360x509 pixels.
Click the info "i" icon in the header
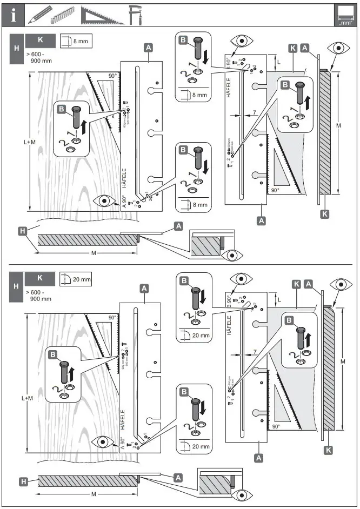[x=12, y=15]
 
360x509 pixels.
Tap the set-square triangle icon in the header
[x=102, y=15]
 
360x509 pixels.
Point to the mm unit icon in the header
[x=344, y=15]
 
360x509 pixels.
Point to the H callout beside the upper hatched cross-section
[x=22, y=231]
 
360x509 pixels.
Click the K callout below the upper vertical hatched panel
[x=324, y=214]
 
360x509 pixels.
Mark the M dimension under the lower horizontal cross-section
[x=94, y=494]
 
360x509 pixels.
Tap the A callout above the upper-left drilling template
[x=148, y=48]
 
